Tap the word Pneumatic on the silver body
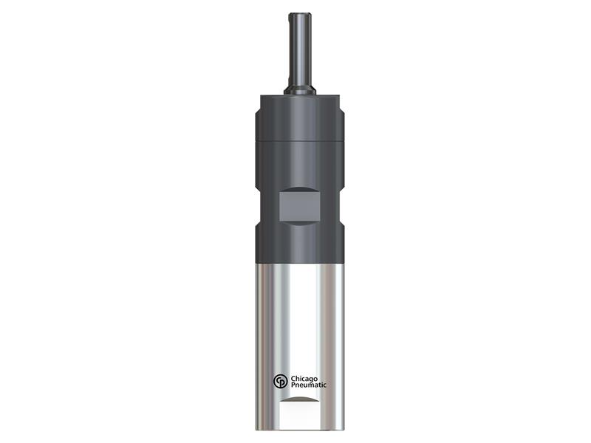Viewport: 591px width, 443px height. tap(310, 385)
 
